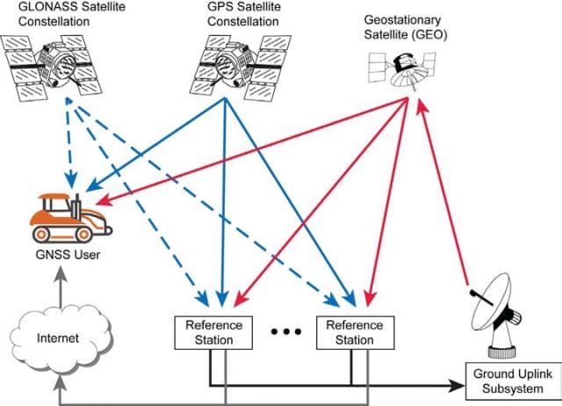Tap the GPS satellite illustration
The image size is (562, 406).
(240, 67)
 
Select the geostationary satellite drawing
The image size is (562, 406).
(402, 71)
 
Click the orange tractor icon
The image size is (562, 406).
(71, 219)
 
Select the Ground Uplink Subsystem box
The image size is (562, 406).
(513, 381)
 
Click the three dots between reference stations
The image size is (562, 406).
(285, 332)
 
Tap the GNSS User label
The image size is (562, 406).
(68, 255)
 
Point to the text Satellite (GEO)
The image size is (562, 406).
(406, 35)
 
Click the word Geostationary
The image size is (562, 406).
(402, 20)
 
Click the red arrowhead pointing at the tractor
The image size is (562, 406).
(104, 201)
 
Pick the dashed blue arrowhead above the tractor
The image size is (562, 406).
(71, 180)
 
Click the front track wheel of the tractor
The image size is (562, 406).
(84, 235)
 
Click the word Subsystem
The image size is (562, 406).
(513, 388)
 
